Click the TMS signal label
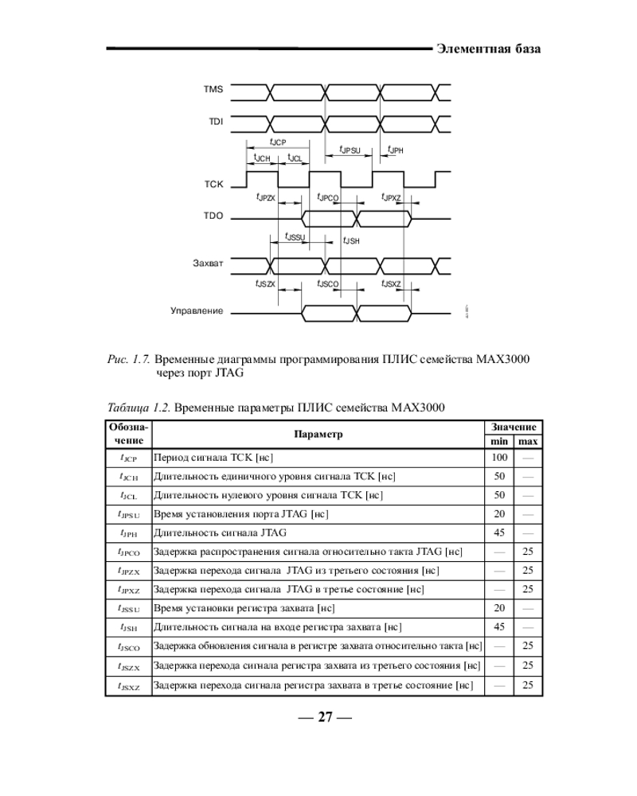coord(214,90)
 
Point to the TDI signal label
coord(216,122)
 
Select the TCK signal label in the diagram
coord(214,185)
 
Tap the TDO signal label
coord(214,216)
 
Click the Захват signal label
coord(209,263)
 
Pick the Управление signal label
coord(197,310)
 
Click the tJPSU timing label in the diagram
coord(350,150)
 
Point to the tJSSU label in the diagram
coord(295,236)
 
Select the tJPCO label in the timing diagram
coord(328,197)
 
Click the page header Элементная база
coord(489,49)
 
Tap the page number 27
coord(324,717)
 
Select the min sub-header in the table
coord(499,441)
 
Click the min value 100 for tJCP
coord(499,458)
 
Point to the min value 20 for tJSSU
coord(499,608)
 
